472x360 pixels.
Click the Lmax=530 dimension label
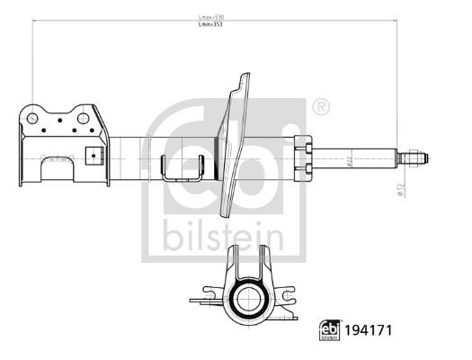[x=213, y=16]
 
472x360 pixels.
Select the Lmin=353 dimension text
[x=213, y=26]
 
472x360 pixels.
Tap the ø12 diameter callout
[x=396, y=188]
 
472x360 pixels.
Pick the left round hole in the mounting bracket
[x=32, y=118]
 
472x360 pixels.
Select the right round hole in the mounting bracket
[x=84, y=118]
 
